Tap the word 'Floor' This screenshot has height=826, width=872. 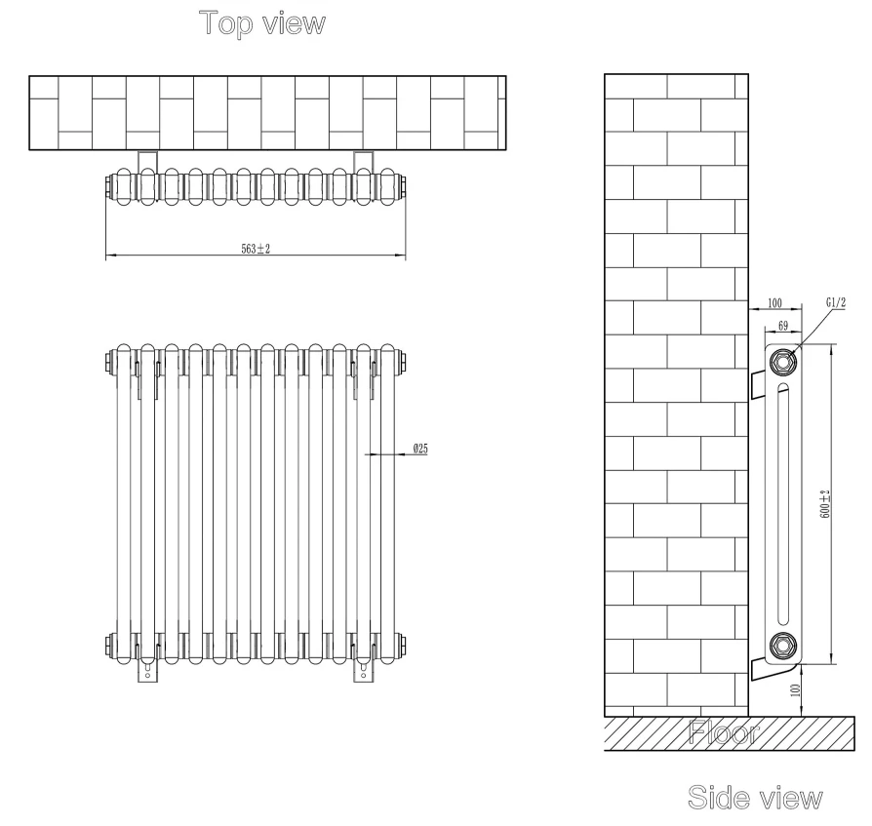(725, 732)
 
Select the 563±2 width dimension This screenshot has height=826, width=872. (256, 249)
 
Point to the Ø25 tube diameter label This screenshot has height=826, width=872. (421, 448)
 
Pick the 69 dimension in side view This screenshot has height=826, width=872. (783, 326)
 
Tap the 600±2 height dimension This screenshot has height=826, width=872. (825, 503)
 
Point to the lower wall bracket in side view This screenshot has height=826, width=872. (759, 667)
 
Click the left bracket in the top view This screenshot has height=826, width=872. (146, 160)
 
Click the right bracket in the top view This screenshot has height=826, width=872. (363, 160)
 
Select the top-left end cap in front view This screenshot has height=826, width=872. (106, 364)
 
